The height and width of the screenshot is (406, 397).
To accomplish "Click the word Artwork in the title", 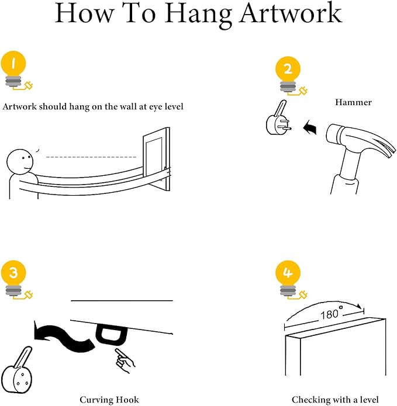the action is click(x=291, y=13).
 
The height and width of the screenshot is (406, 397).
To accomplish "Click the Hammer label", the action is click(x=353, y=102).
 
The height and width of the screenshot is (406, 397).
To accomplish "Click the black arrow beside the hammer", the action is click(x=310, y=127).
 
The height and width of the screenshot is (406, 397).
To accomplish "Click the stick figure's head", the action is click(x=20, y=162).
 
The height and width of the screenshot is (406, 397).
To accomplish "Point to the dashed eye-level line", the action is click(x=91, y=157).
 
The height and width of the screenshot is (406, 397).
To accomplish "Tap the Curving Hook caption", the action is click(x=109, y=400).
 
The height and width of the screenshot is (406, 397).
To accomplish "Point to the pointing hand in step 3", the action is click(x=125, y=360).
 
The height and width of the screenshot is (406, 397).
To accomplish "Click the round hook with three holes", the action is click(x=17, y=374).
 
